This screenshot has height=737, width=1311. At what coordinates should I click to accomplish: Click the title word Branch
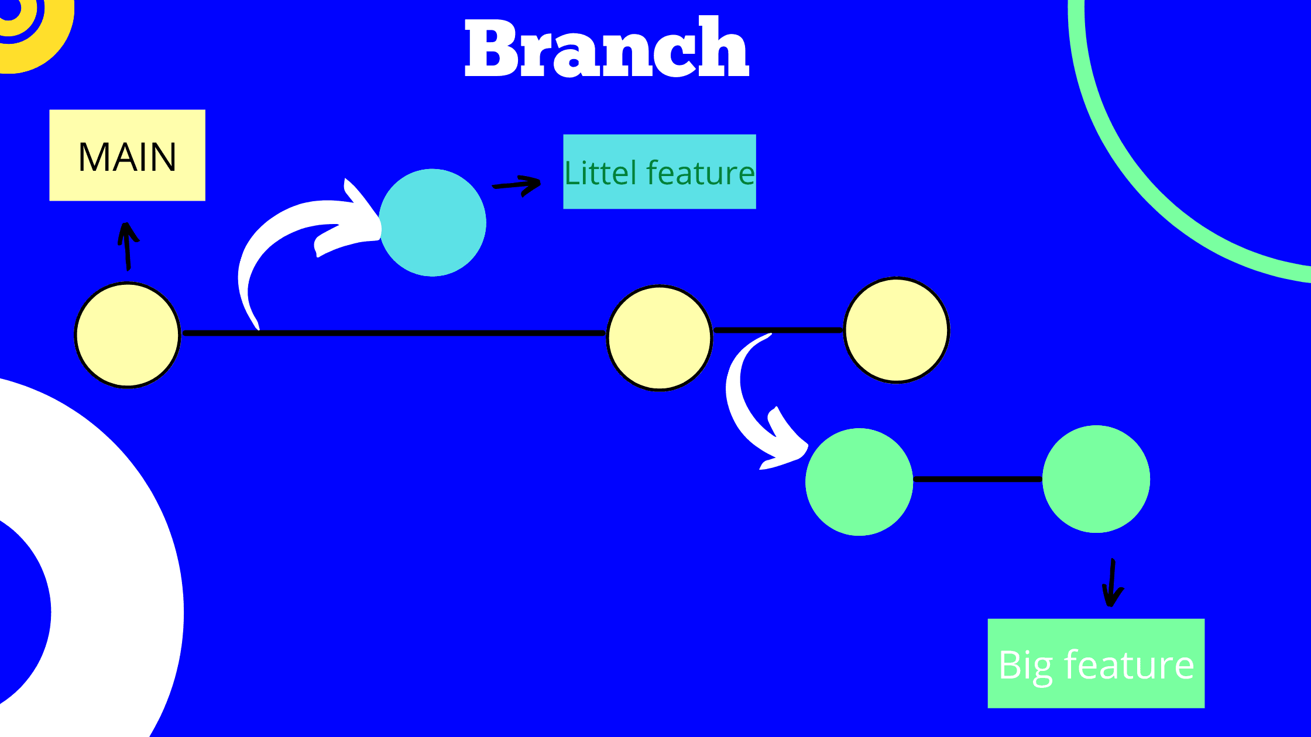click(x=607, y=48)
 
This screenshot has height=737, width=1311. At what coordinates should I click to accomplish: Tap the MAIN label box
click(x=127, y=156)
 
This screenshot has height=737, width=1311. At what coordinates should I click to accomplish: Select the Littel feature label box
click(x=659, y=172)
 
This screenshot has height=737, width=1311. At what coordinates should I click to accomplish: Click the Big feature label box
click(x=1096, y=663)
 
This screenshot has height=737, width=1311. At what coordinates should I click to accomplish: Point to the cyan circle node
click(x=433, y=222)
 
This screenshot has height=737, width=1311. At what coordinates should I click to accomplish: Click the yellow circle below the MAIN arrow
click(x=127, y=335)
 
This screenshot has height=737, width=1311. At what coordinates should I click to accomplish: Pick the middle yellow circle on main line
click(x=660, y=337)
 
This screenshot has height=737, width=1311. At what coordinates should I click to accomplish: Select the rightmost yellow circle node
click(x=896, y=330)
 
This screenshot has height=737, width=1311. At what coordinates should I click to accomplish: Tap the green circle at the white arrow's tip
click(x=859, y=482)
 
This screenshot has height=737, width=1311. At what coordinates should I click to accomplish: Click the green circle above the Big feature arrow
click(x=1096, y=479)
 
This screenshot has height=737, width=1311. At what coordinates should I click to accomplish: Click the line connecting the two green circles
click(x=977, y=479)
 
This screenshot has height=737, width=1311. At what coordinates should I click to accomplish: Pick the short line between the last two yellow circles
click(x=778, y=330)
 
